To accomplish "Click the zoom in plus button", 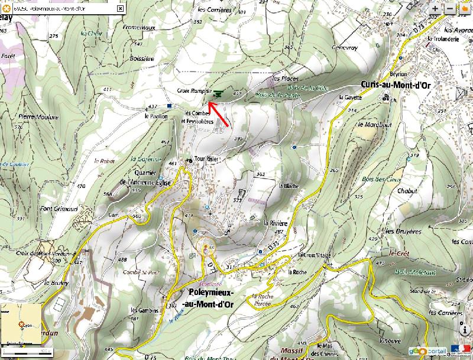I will [435, 9].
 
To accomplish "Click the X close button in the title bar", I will [121, 9].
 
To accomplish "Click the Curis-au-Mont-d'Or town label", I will [395, 85].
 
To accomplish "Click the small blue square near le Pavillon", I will [170, 106].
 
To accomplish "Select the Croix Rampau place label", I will [194, 91].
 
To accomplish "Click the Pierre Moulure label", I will [39, 117].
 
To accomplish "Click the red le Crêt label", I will [396, 252].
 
